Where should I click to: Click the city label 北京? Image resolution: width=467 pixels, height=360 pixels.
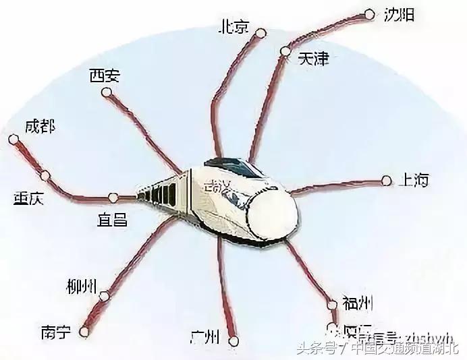[233, 27]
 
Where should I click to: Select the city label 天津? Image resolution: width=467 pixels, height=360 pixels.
[313, 59]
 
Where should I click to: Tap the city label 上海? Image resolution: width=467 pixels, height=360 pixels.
[414, 180]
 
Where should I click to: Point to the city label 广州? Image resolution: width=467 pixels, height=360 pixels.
[207, 335]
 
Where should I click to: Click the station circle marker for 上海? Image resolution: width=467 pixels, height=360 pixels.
[386, 180]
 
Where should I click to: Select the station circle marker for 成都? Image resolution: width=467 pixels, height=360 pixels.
[13, 140]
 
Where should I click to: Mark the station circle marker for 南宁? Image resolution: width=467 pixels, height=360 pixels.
[84, 331]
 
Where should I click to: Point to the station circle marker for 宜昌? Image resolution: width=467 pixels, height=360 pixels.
[113, 198]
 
